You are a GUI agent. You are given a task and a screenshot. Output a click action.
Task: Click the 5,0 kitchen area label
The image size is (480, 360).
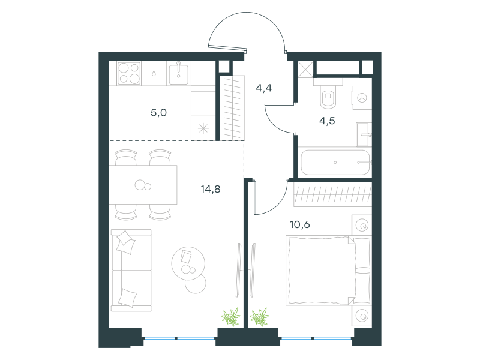[158, 113]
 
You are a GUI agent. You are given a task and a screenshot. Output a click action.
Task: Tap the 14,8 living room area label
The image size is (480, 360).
[211, 189]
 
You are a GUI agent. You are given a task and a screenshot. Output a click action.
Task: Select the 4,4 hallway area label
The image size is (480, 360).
[263, 88]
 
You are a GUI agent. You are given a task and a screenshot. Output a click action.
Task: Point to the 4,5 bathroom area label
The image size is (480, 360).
[327, 121]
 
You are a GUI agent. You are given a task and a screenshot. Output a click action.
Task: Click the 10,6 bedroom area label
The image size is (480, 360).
[299, 224]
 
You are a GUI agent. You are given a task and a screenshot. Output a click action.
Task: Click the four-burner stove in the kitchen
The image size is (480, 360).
[129, 73]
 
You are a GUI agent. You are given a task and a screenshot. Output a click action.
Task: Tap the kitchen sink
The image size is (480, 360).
[179, 73]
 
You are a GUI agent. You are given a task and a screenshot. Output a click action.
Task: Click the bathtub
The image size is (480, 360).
[335, 162]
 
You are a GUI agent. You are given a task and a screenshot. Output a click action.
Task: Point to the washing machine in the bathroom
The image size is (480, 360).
[362, 98]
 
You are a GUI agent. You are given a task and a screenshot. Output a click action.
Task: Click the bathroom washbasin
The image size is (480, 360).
[364, 134]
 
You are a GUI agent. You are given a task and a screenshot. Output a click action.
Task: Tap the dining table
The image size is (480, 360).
[143, 185]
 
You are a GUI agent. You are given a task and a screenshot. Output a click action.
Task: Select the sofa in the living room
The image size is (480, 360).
[131, 271]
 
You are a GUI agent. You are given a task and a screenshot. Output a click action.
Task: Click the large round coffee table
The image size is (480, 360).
[188, 263]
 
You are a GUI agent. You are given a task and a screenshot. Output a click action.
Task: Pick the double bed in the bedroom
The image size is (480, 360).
[328, 271]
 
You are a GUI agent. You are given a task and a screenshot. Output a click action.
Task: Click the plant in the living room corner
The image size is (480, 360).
[231, 317]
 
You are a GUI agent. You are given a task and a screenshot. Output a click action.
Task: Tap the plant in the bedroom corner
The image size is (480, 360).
[260, 317]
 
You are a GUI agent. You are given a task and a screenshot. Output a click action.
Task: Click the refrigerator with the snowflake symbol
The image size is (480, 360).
[203, 128]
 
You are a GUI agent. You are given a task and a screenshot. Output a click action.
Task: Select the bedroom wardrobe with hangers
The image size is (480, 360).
[333, 194]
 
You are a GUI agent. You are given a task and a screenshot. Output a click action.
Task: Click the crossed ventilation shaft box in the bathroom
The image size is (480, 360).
[306, 69]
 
